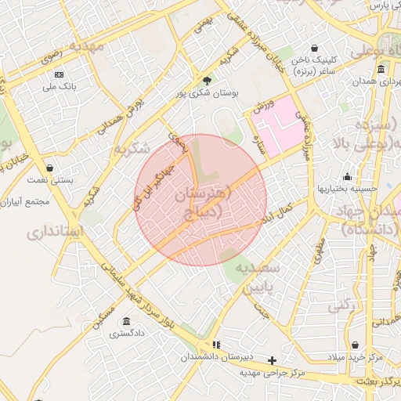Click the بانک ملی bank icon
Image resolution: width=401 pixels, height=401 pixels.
click(59, 74)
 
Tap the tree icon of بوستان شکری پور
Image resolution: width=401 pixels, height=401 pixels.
click(207, 80)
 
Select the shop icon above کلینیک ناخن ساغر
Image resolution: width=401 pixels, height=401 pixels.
click(314, 48)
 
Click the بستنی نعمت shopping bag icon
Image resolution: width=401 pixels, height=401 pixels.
click(50, 168)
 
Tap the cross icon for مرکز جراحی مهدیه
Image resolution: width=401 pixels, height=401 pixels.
click(272, 360)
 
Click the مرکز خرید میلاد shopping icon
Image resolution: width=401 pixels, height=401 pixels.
click(355, 345)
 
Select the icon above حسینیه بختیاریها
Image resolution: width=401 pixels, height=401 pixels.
click(347, 176)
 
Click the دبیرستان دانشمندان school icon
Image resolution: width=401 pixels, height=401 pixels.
click(216, 344)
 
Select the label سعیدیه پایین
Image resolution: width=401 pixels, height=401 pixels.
click(259, 277)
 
